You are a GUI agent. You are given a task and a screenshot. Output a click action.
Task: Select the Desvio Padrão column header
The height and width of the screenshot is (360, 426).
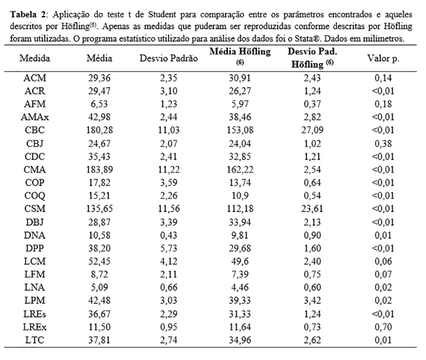pyautogui.click(x=169, y=59)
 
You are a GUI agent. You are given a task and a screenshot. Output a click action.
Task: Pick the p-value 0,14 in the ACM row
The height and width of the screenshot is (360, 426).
pyautogui.click(x=384, y=78)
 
